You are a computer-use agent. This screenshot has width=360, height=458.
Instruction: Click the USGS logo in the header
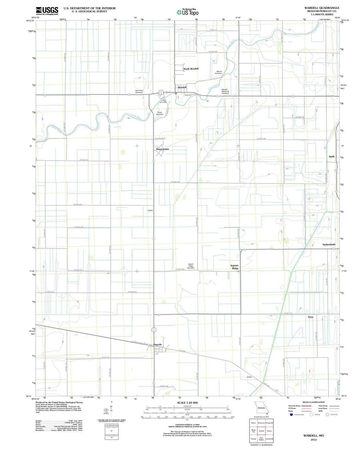point(47,11)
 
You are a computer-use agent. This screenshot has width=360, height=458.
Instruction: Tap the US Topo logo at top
point(188,12)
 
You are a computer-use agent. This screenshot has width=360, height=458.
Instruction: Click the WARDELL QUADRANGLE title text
point(322,8)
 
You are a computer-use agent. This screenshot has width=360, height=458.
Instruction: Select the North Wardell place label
point(191,69)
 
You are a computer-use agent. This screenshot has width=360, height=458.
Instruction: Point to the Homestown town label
point(162,149)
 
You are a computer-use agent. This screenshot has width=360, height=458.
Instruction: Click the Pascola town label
point(158,344)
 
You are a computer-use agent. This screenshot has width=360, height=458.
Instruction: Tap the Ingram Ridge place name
point(234,267)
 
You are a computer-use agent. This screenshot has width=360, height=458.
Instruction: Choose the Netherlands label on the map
point(329,244)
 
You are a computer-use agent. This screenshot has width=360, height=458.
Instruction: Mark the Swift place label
point(331,157)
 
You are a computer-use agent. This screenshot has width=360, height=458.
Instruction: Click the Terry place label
point(311,317)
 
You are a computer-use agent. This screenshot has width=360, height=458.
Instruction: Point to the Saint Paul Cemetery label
point(139,91)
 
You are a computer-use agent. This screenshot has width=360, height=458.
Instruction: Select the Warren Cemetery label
point(218,72)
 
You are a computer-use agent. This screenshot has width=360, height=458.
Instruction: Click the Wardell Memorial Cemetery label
point(225,91)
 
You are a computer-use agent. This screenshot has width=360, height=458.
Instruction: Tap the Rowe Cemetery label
point(160,113)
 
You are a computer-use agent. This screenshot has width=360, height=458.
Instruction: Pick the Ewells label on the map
point(150,210)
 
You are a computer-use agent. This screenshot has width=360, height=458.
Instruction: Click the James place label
point(249,377)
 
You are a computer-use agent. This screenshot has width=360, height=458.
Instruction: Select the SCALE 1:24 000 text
point(187,403)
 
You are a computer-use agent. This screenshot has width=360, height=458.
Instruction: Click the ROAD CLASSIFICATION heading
point(314,402)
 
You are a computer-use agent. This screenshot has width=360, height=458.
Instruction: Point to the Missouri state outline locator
point(261,408)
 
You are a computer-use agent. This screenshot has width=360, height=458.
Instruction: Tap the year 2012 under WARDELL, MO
point(313,440)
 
